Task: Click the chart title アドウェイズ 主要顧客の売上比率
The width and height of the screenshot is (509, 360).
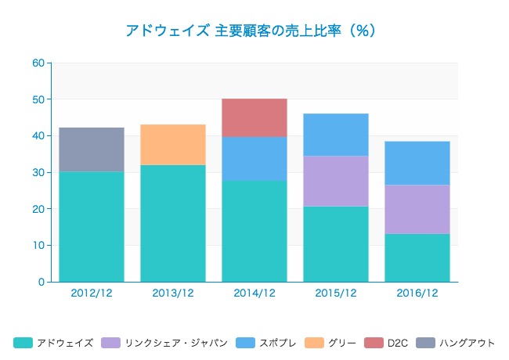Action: point(251,31)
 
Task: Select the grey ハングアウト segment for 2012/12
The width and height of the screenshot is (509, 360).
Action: point(92,149)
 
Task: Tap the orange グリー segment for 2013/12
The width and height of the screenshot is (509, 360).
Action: point(173,145)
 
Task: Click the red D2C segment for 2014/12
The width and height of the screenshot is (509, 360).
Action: point(254,117)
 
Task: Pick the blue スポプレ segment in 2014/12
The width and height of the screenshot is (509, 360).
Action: point(254,159)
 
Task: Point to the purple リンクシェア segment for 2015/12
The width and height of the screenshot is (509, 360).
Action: point(336,181)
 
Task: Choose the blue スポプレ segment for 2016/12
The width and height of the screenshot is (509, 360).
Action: point(417,163)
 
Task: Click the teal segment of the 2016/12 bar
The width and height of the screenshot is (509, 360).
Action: point(417,257)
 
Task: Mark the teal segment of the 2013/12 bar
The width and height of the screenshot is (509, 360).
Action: point(173,223)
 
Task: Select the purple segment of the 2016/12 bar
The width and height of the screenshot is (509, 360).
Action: point(417,209)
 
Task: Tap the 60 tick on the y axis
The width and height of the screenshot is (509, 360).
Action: point(38,63)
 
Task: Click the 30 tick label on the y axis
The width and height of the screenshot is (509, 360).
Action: point(38,173)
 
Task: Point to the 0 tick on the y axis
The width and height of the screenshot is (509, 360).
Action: point(41,282)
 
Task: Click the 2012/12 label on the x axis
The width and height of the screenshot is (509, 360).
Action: point(92,293)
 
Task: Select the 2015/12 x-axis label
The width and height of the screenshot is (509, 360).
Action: point(336,293)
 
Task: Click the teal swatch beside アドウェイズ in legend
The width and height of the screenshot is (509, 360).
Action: point(23,343)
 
